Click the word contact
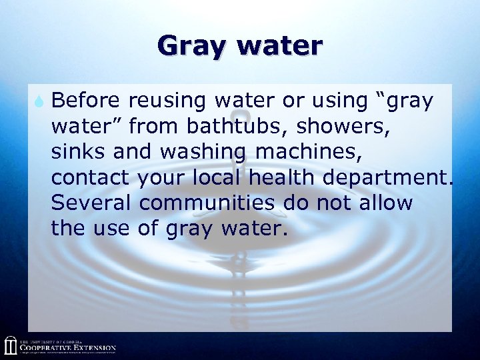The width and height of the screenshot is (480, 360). point(91,177)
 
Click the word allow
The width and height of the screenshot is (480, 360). point(387,203)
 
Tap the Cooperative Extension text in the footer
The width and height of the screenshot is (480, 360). point(67,347)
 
